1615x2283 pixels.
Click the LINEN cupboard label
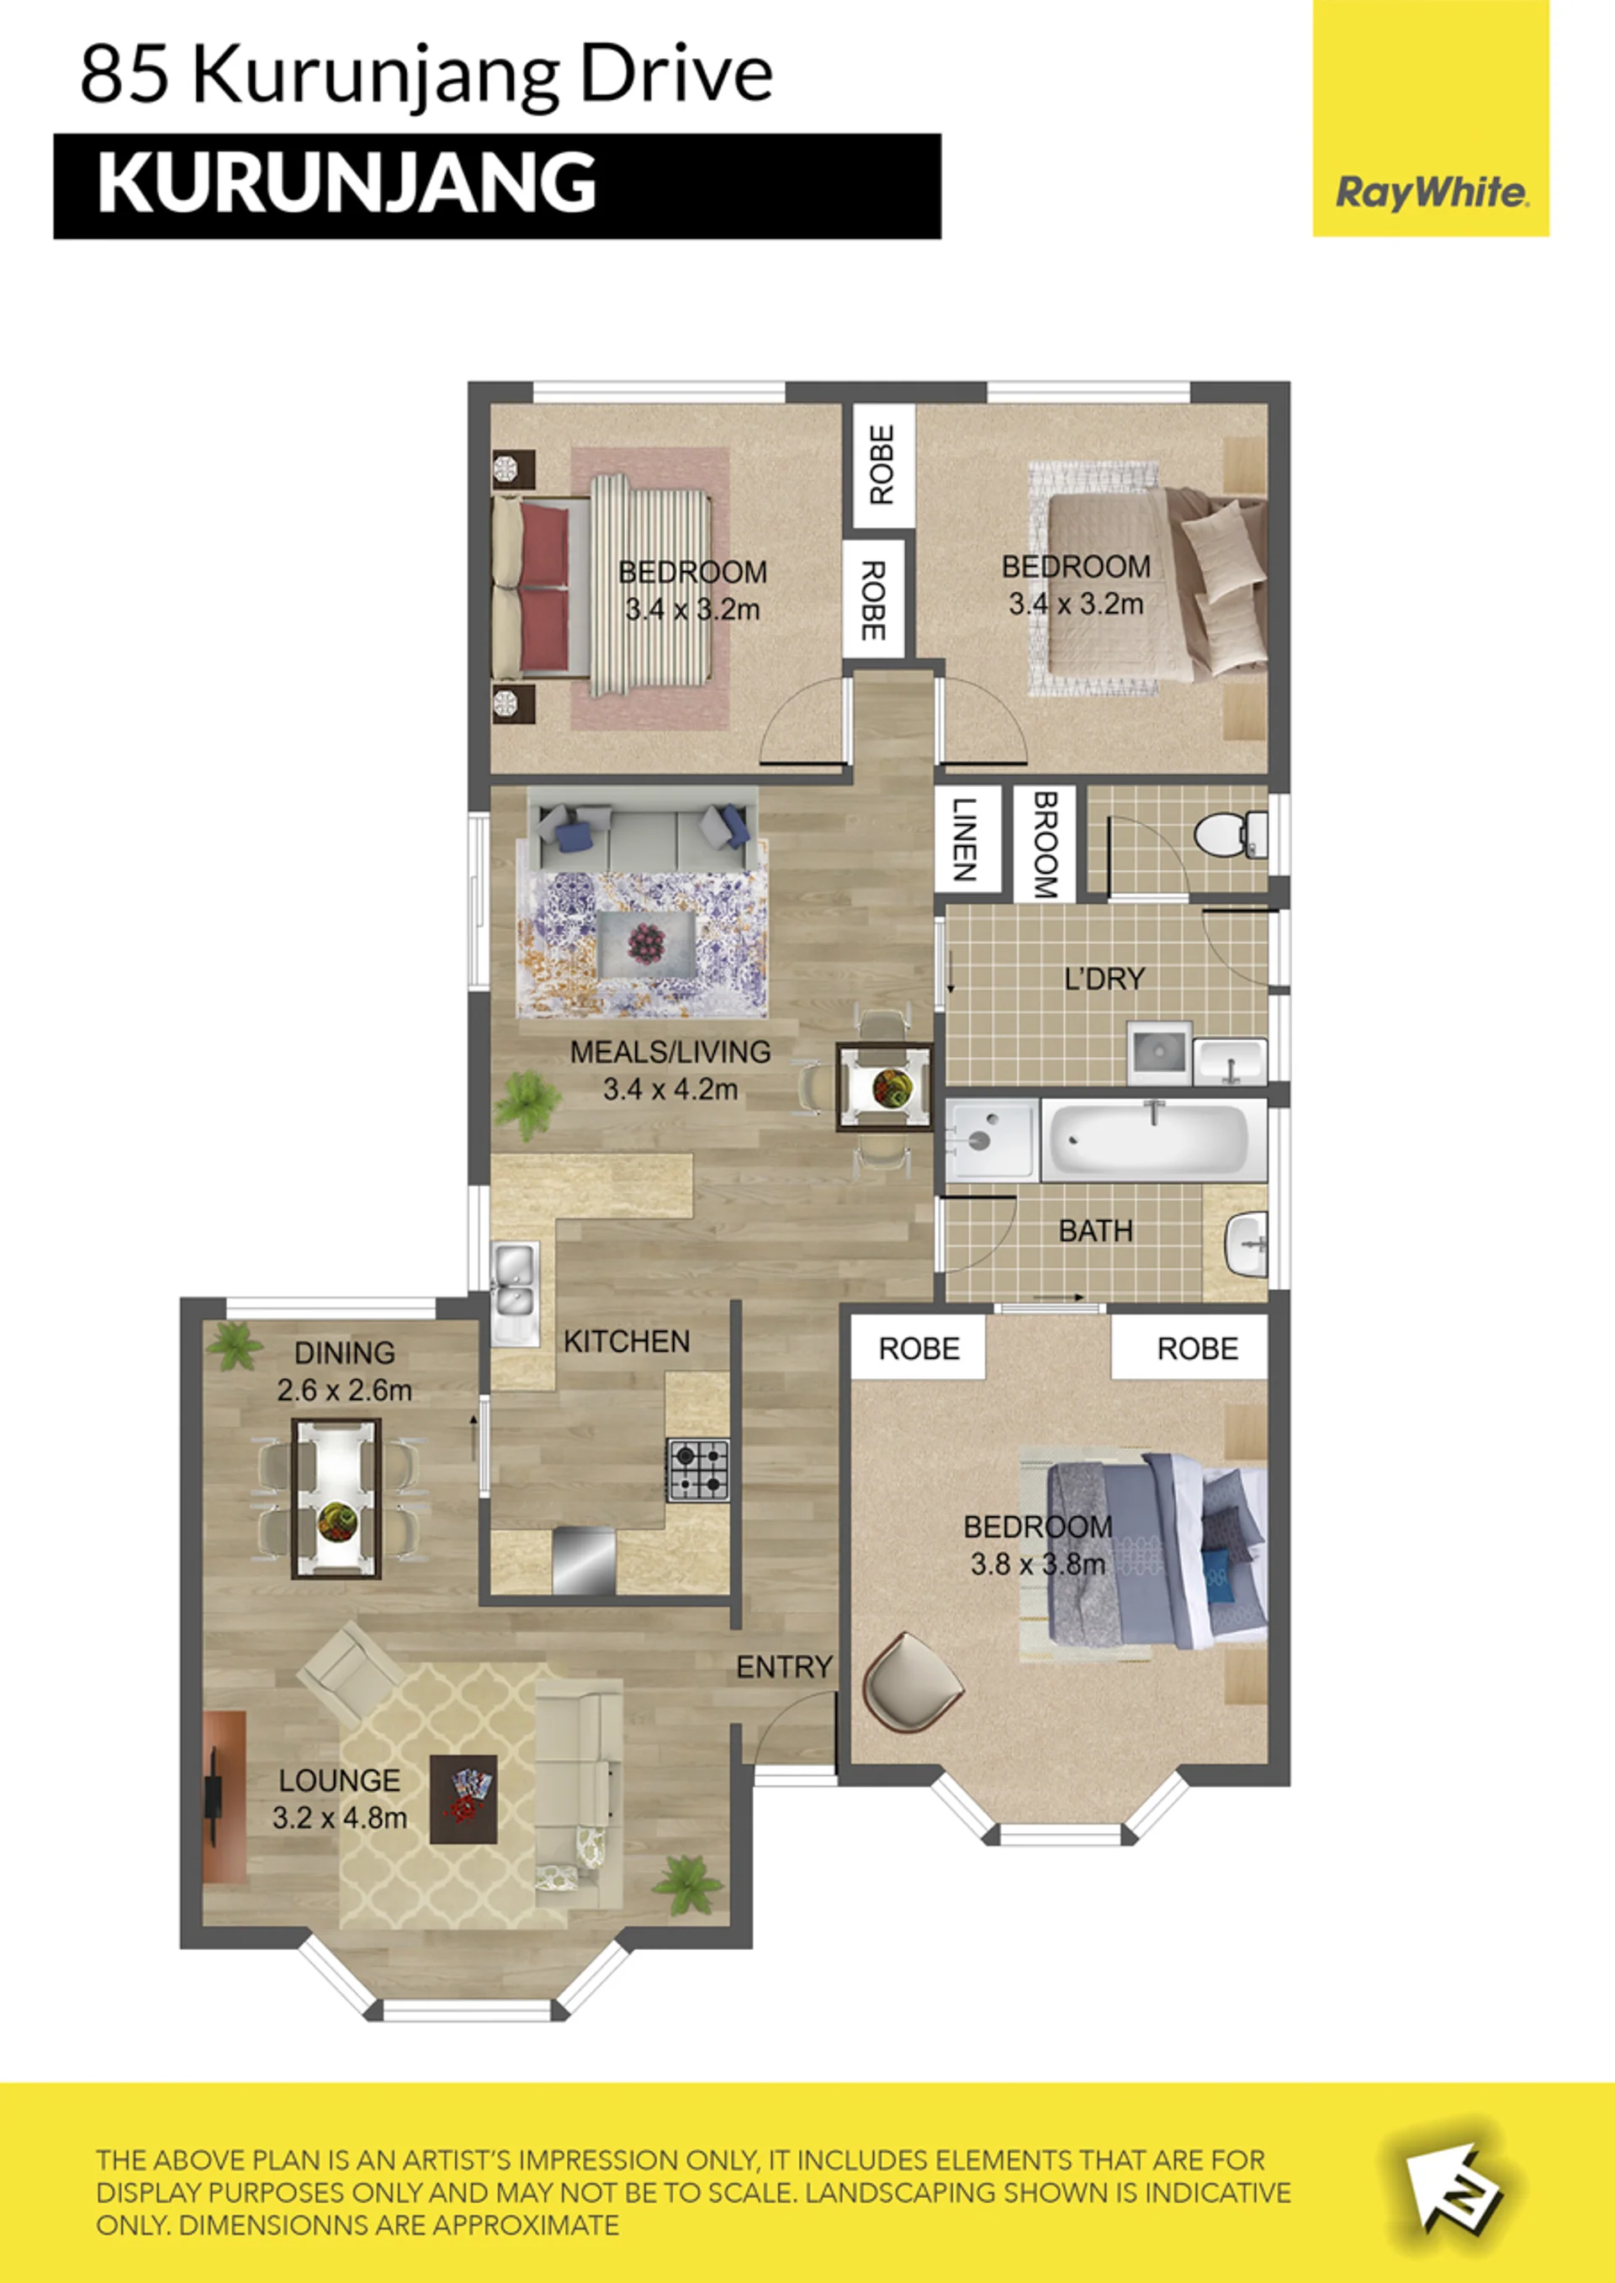click(962, 839)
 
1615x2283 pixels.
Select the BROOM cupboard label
click(1044, 844)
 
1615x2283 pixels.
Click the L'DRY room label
click(1104, 980)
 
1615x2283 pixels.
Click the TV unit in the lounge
click(223, 1796)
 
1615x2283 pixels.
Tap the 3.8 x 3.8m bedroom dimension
click(1037, 1564)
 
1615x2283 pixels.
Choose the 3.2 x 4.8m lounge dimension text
click(339, 1819)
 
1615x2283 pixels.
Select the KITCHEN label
click(627, 1341)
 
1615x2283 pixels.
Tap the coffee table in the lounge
click(463, 1799)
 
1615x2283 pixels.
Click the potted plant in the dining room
click(235, 1345)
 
